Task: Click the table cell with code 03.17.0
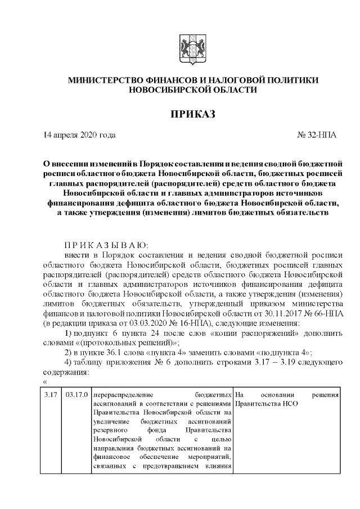(76, 395)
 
